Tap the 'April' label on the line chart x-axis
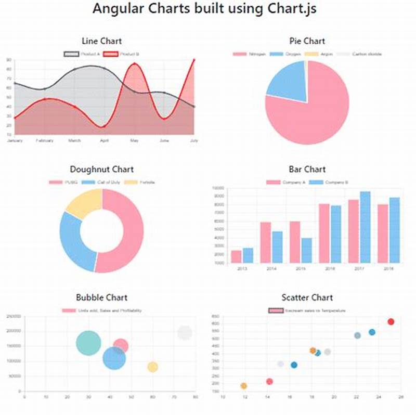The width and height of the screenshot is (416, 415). pyautogui.click(x=105, y=140)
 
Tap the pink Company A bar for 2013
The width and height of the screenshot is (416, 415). pyautogui.click(x=236, y=256)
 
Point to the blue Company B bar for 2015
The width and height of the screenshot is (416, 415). pyautogui.click(x=306, y=250)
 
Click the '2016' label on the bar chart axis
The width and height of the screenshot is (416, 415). pyautogui.click(x=330, y=269)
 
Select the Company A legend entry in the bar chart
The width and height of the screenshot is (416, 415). pyautogui.click(x=284, y=183)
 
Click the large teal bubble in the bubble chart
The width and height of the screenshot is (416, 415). pyautogui.click(x=89, y=343)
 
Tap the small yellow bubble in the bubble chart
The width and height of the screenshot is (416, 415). pyautogui.click(x=152, y=367)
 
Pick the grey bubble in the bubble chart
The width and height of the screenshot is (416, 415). pyautogui.click(x=185, y=333)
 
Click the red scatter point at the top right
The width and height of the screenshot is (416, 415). pyautogui.click(x=391, y=322)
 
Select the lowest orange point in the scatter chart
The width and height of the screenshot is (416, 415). pyautogui.click(x=243, y=386)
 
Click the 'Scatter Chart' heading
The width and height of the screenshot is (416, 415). pyautogui.click(x=307, y=297)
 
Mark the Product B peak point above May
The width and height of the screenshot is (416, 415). pyautogui.click(x=135, y=64)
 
